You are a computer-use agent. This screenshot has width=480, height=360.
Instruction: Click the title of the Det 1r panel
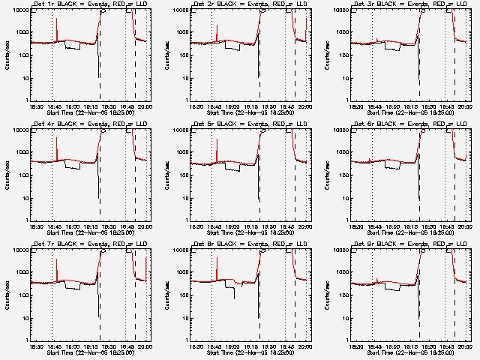pos(91,5)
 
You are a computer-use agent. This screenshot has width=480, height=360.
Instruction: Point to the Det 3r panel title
pos(410,5)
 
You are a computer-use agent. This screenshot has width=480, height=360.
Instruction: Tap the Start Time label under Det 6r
pos(410,232)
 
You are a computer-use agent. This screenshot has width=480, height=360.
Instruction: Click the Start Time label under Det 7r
pos(91,352)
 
